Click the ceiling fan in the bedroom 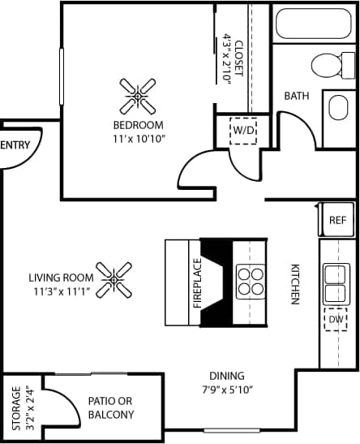(x=138, y=97)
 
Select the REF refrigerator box (x=336, y=219)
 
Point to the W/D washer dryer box (x=243, y=130)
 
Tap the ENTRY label (x=16, y=146)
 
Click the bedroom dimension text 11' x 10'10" (x=138, y=139)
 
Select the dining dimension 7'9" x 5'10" (x=227, y=389)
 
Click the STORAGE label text (x=15, y=408)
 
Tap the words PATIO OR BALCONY (x=111, y=408)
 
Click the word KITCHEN (x=296, y=283)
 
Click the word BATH (x=296, y=96)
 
